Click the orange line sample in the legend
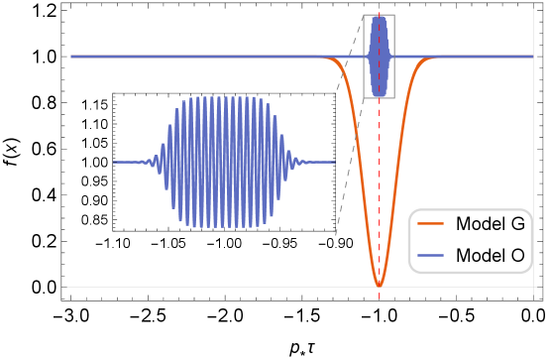coord(430,223)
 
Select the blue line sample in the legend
coord(430,256)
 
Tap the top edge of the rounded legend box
coord(471,210)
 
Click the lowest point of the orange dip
coord(379,286)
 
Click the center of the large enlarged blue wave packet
coord(224,162)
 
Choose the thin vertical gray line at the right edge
coord(534,149)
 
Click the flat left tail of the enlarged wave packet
coord(127,162)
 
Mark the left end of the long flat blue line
coord(72,57)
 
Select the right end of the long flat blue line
coord(532,57)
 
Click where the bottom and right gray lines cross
coord(534,288)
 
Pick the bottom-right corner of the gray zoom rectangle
coord(394,97)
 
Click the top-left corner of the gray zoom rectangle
coord(364,15)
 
